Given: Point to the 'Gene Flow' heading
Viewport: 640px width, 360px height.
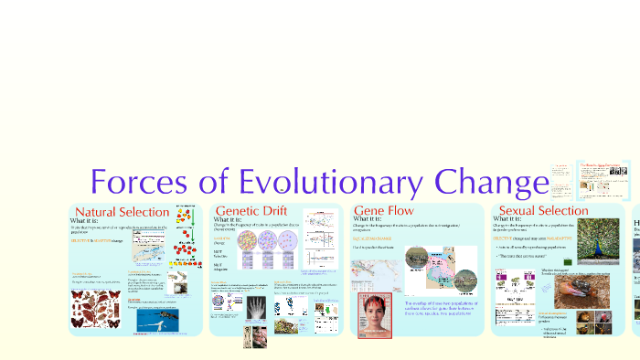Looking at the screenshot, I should tap(383, 211).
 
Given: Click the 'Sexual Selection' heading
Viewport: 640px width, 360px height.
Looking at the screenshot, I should tap(540, 211).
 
